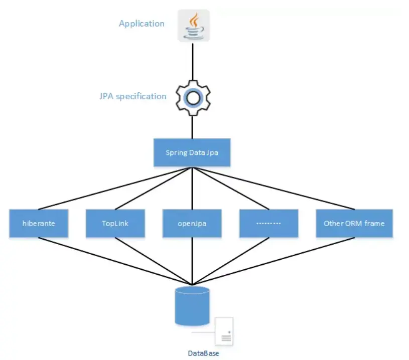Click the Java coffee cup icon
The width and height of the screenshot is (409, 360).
tap(194, 26)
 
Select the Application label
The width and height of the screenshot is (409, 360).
tap(142, 24)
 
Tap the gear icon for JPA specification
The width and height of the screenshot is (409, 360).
tap(193, 98)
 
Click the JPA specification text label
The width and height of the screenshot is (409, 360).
tap(133, 96)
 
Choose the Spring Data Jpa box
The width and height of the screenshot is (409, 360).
tap(192, 152)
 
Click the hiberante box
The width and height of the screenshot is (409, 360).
tap(39, 224)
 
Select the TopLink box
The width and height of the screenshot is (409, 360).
tap(115, 224)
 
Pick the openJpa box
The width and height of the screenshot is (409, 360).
tap(192, 224)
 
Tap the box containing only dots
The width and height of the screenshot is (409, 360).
tap(268, 224)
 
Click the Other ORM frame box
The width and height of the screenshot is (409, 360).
tap(354, 224)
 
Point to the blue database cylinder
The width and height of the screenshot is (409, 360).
tap(192, 306)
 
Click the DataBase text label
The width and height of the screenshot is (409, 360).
tap(203, 353)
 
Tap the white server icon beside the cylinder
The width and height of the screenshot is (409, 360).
tap(224, 331)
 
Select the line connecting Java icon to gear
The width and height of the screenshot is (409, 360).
tap(193, 62)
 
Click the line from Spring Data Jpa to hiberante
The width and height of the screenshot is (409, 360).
tap(115, 189)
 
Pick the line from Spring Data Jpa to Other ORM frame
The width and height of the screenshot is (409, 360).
tap(274, 189)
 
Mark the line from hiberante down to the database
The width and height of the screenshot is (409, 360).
tap(115, 261)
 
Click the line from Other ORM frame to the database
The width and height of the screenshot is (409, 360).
tap(274, 261)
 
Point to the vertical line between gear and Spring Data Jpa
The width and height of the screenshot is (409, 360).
tap(192, 127)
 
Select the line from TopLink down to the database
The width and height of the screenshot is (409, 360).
tap(154, 261)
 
